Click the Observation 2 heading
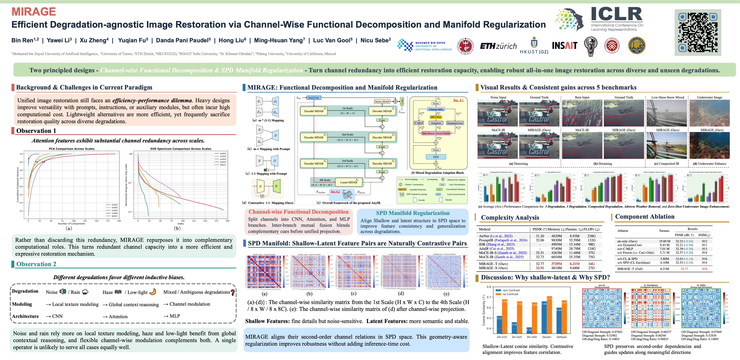coord(36,264)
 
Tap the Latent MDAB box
coord(348,182)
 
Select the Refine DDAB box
coord(382,101)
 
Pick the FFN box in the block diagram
coord(436,157)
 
